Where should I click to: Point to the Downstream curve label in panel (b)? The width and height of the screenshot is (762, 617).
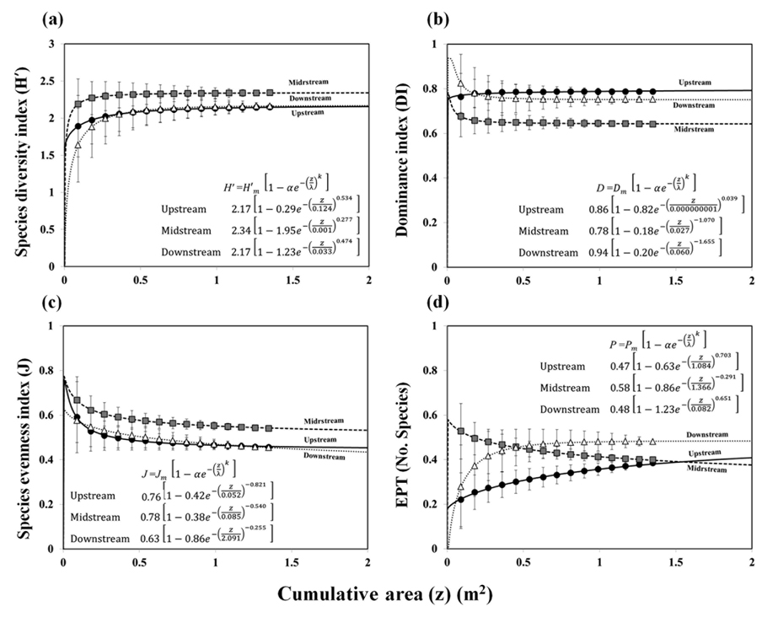point(703,105)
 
